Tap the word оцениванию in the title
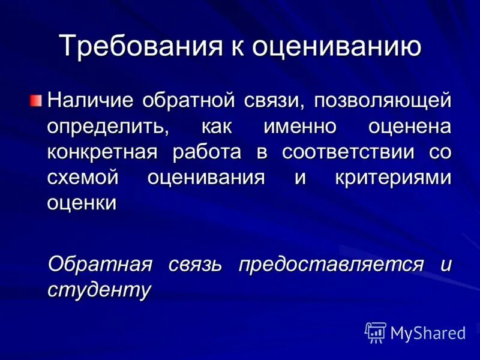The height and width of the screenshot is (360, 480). point(335,47)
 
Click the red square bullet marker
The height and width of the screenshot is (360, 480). point(37,99)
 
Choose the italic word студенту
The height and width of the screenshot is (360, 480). point(99,289)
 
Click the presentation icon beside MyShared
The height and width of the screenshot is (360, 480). point(375,332)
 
